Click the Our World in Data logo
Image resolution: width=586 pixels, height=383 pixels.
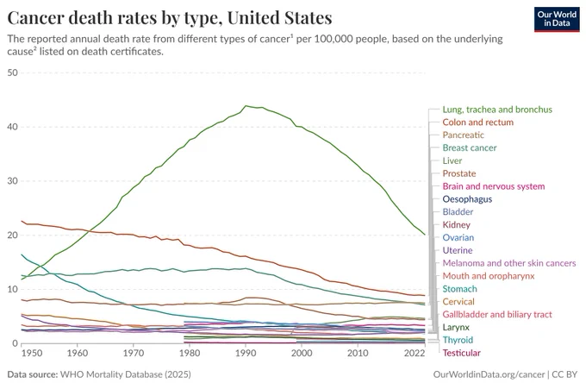pos(557,20)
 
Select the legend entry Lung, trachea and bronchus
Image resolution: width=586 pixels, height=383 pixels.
pos(497,110)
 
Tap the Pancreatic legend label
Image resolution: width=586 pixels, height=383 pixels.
pos(463,135)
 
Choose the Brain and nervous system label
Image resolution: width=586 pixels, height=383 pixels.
pos(493,186)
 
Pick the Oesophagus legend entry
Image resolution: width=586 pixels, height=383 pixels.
pos(467,199)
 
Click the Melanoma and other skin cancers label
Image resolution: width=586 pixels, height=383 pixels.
pos(509,263)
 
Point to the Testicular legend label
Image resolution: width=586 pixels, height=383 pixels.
pos(462,353)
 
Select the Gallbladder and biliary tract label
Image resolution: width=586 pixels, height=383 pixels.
pos(497,315)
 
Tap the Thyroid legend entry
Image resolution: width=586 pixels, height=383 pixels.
pos(458,340)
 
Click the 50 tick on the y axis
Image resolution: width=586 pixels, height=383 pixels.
pos(12,72)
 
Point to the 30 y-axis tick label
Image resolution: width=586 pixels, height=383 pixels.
pos(12,181)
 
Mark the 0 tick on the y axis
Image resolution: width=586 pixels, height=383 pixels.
pos(15,343)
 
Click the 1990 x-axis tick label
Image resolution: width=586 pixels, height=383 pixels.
pos(246,353)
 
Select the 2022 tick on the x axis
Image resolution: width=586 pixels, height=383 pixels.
pos(415,353)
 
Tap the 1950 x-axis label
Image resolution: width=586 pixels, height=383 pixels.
pos(31,353)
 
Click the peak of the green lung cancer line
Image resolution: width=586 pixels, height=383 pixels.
pos(246,106)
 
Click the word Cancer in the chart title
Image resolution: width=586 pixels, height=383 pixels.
pos(34,18)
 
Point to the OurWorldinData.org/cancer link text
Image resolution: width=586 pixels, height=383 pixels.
pos(489,374)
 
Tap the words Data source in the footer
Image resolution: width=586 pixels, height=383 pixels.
pos(33,374)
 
